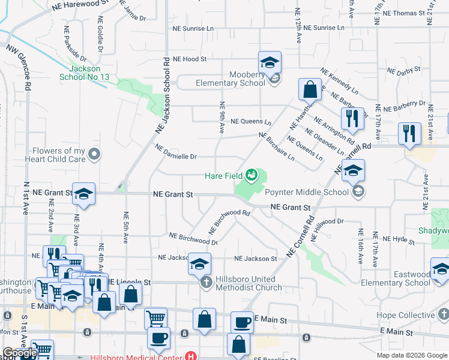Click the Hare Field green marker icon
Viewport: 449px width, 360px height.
[x=252, y=175]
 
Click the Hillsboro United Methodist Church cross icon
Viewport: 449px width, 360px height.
[x=206, y=282]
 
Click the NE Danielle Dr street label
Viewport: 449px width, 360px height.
[x=176, y=152]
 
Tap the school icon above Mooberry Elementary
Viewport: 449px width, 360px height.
[x=270, y=62]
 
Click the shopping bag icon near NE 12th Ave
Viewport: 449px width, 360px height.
[x=310, y=90]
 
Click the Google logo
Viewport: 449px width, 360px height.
[x=20, y=353]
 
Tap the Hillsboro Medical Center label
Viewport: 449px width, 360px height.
[x=137, y=357]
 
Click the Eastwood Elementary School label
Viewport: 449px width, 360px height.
[x=403, y=278]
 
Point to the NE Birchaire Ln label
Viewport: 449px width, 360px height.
[x=277, y=146]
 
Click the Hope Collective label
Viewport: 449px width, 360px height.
[x=406, y=316]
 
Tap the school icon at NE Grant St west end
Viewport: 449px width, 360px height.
[x=84, y=193]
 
